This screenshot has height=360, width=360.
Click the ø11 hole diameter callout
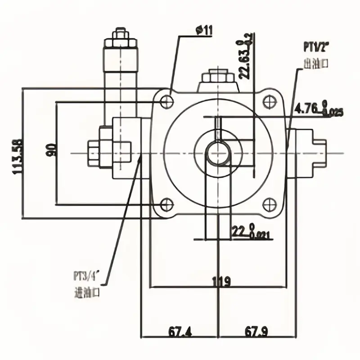point(204,31)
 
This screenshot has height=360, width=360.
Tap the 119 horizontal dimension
point(221,282)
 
